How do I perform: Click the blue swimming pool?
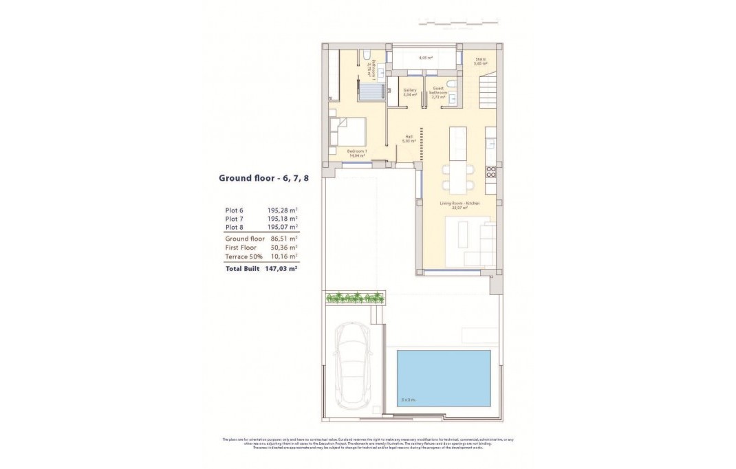[443, 378]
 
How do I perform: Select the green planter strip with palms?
[354, 298]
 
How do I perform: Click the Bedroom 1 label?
[356, 153]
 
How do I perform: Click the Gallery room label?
[410, 93]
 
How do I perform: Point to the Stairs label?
[480, 61]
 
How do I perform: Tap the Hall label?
[409, 138]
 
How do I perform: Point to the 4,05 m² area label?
[425, 58]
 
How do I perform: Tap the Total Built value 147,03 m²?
[282, 269]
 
